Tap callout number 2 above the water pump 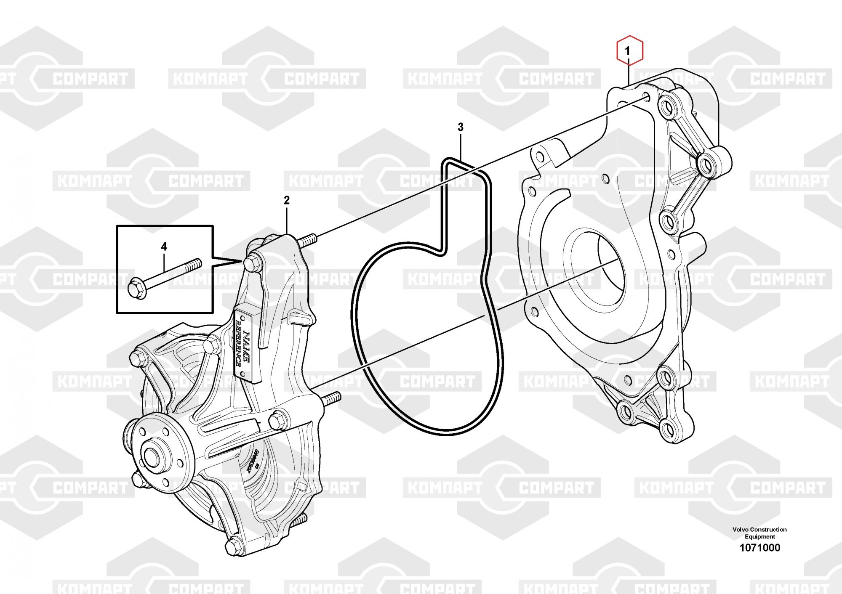pos(287,200)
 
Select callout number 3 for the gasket pos(461,127)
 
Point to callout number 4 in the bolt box pos(164,247)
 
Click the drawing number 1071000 pos(759,547)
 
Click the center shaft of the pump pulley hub pos(151,455)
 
